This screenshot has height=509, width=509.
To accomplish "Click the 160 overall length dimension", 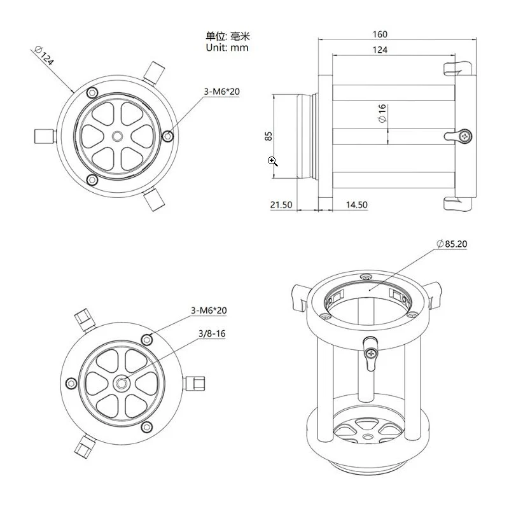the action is tap(380, 34).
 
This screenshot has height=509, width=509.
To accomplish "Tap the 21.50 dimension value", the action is tap(281, 205).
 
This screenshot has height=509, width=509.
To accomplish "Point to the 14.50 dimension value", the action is tap(357, 205).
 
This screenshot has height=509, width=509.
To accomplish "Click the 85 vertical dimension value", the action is tap(268, 136).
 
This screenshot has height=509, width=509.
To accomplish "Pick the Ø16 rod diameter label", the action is tap(382, 113).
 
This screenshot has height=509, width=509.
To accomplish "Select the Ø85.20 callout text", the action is tap(452, 244).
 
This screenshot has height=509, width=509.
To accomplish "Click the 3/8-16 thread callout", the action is tap(212, 333).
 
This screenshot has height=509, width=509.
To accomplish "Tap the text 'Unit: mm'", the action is tap(227, 47).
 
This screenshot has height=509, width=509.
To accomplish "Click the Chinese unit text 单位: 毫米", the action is tap(228, 36).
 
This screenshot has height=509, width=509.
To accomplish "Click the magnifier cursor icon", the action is tap(273, 161).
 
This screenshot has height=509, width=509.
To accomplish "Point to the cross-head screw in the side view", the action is tap(466, 136).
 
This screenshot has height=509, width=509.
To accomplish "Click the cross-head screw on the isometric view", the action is tap(371, 353).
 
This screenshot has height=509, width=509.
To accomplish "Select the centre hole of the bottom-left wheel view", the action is tap(122, 384).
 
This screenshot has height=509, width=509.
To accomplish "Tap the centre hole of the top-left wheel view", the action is tap(118, 137).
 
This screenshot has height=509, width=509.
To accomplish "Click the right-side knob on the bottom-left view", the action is tap(195, 384).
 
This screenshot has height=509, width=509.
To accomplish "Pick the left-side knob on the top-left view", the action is tap(44, 136).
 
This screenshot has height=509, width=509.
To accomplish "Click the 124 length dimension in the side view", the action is tap(380, 50).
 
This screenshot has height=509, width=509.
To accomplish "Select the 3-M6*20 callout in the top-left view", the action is tap(221, 92).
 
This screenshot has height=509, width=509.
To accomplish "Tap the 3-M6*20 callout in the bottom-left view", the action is tap(209, 310).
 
